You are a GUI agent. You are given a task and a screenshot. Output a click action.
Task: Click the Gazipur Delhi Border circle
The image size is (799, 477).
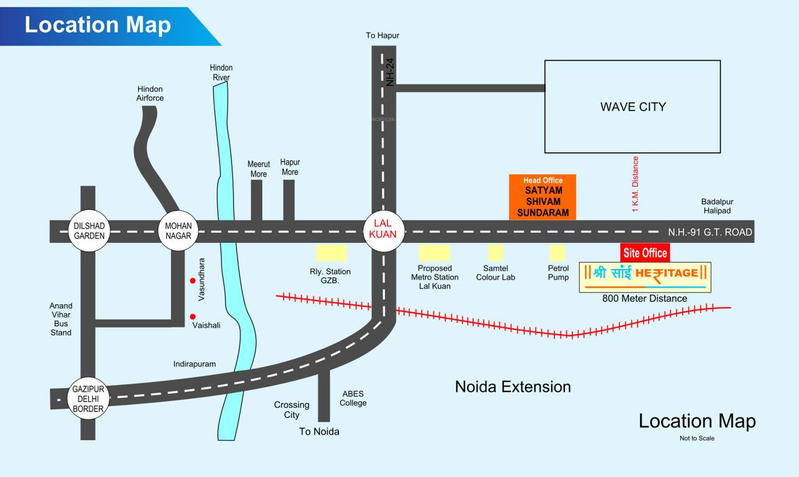[x=88, y=398]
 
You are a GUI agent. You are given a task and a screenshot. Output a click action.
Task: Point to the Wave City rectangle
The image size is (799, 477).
[x=632, y=106]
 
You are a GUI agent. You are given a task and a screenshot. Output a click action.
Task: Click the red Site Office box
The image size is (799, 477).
[x=645, y=253]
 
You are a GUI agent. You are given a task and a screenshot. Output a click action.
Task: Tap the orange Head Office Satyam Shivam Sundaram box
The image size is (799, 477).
[x=543, y=196]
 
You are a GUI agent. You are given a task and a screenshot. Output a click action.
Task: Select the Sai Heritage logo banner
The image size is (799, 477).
[x=645, y=277]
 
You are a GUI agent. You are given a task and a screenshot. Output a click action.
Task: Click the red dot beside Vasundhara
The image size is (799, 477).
[x=193, y=281]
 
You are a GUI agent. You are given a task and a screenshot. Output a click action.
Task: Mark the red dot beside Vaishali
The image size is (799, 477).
[x=193, y=317]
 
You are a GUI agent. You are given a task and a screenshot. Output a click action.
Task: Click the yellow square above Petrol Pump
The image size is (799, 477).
[x=557, y=252]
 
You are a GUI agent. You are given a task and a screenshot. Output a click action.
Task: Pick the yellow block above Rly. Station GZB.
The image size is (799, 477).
[x=332, y=252]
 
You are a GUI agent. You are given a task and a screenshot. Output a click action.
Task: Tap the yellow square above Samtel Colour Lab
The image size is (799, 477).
[x=495, y=252]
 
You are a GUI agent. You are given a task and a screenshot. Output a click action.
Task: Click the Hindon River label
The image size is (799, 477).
[x=221, y=73]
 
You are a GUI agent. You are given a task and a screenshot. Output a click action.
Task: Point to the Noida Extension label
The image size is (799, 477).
[x=513, y=386]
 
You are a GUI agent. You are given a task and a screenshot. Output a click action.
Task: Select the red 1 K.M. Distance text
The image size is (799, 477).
[x=635, y=184]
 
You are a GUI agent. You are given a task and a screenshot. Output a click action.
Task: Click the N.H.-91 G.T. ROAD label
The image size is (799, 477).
[x=710, y=232]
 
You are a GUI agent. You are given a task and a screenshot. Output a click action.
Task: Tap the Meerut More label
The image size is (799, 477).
[x=259, y=169]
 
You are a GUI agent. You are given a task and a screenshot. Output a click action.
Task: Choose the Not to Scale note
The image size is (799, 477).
[x=697, y=438]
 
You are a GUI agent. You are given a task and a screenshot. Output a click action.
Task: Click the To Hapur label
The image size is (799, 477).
[x=382, y=35]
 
